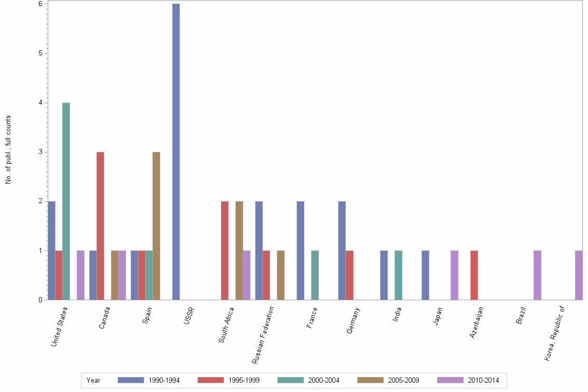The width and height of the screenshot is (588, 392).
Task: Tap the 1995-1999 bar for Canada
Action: tap(100, 226)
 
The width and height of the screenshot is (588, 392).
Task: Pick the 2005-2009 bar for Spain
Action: tap(156, 226)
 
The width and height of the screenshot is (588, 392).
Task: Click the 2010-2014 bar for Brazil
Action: tap(537, 275)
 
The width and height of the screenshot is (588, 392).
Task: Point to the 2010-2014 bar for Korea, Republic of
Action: tap(579, 275)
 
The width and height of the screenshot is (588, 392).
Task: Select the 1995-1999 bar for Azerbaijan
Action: tap(474, 275)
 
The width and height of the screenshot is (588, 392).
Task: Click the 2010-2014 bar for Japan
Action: tap(454, 275)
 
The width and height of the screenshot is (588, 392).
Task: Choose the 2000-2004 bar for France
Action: tap(315, 275)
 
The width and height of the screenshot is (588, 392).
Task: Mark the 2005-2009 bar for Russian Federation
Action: tap(281, 275)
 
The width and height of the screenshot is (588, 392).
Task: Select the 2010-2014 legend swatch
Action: tap(450, 380)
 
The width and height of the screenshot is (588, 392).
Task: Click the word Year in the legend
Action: tap(94, 380)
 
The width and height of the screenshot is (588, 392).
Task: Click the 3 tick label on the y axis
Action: tap(40, 152)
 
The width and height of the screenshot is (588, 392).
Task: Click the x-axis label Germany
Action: tap(354, 320)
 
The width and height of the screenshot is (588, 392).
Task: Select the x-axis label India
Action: tap(397, 315)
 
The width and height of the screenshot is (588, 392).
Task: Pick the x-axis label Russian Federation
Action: tap(263, 334)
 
